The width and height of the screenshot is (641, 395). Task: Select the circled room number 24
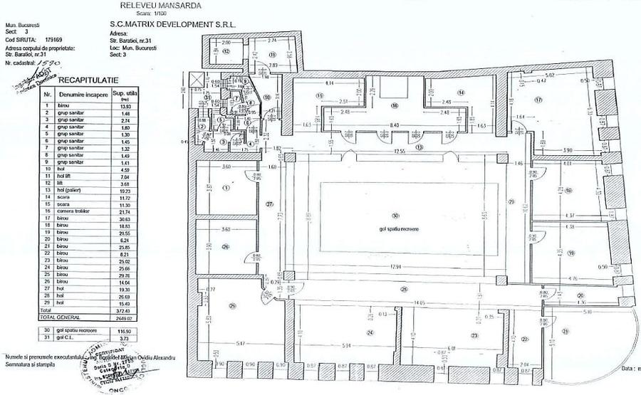[370, 333]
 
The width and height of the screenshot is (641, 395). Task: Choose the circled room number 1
[226, 189]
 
